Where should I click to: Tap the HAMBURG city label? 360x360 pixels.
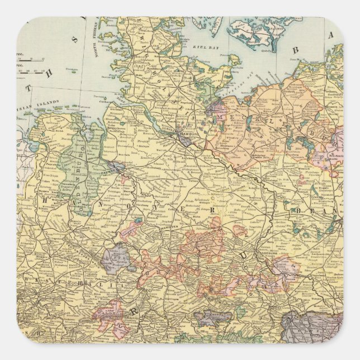click(186, 135)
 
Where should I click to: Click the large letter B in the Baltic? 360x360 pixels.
click(296, 50)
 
